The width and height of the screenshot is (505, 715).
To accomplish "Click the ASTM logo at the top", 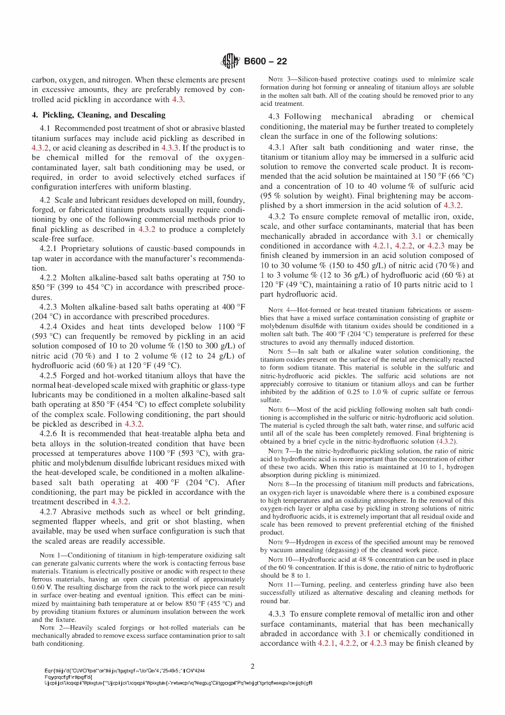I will [230, 61].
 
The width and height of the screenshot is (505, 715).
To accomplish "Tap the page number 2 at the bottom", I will [252, 666].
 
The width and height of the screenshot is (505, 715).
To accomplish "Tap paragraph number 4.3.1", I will [277, 147].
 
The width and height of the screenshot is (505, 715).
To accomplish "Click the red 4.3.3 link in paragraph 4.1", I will [171, 148].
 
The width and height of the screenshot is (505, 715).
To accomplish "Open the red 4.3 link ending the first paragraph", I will [178, 99].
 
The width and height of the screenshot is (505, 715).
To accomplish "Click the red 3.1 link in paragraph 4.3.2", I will [416, 236].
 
